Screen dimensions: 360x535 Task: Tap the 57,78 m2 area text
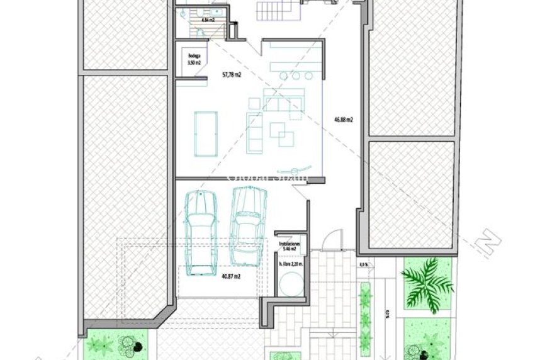tap(232, 74)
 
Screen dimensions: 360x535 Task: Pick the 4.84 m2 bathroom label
tap(208, 20)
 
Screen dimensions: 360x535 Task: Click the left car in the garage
tap(200, 233)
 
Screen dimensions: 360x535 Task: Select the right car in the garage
tap(244, 227)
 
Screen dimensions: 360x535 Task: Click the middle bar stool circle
tap(296, 76)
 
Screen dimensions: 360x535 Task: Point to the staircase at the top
tap(273, 9)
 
